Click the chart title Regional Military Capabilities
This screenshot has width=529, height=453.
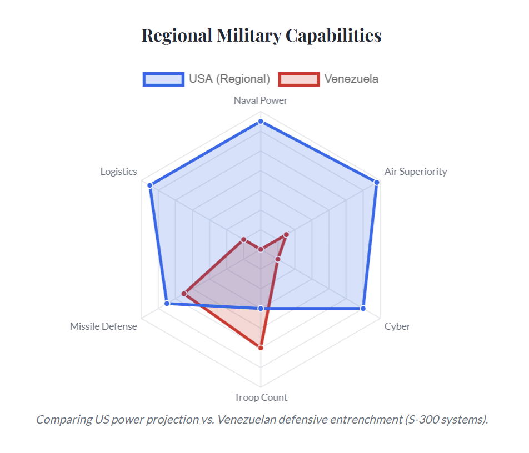pos(261,36)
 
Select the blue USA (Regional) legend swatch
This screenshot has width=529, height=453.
pos(163,79)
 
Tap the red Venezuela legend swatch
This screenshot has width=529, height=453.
pos(299,79)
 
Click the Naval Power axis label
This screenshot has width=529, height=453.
pos(261,100)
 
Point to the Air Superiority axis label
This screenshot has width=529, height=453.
pos(416,172)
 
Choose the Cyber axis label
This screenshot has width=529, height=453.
pos(397,326)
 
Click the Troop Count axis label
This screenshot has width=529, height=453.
pos(261,397)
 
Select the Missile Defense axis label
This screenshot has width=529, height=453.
pos(103,326)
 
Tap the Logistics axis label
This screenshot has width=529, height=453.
pos(118,172)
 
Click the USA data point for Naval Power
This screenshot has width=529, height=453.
pos(261,122)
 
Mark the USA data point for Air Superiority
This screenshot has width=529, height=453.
pos(377,182)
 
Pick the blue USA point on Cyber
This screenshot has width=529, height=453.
pos(363,308)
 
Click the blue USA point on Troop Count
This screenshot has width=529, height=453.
pos(261,308)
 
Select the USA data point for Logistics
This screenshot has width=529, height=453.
pos(149,185)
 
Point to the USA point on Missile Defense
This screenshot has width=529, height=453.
pos(167,304)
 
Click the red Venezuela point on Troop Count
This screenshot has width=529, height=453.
pos(261,348)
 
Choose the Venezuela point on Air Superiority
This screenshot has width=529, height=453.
pos(286,235)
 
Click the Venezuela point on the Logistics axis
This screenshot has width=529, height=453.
pos(243,239)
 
